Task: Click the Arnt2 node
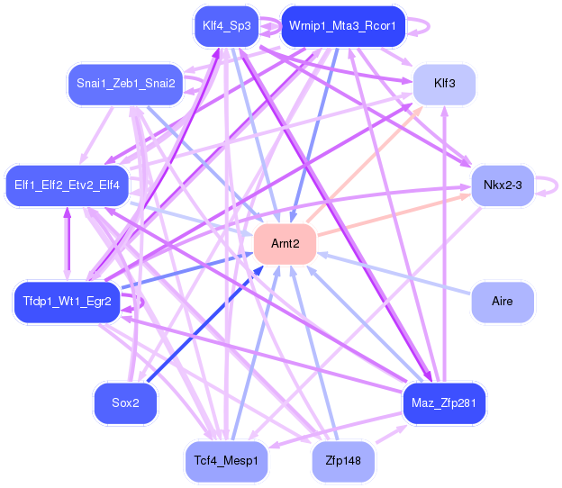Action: click(285, 244)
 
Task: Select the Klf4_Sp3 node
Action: click(227, 26)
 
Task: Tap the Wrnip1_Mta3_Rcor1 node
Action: click(343, 26)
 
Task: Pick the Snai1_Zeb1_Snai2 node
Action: click(125, 84)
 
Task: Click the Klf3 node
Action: click(444, 84)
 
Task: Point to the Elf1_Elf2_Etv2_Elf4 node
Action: click(67, 185)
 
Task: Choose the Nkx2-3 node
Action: click(503, 185)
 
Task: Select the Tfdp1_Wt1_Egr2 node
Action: click(67, 302)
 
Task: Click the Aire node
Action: click(503, 302)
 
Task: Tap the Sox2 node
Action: click(125, 403)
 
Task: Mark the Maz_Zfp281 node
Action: click(444, 403)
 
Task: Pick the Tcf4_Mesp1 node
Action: click(226, 462)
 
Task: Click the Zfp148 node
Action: click(343, 462)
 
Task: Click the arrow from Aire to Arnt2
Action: click(394, 274)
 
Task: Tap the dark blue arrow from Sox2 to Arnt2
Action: click(205, 324)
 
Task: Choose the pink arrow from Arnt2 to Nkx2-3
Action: click(394, 215)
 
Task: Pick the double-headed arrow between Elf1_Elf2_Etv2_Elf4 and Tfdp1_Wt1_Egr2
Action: click(68, 244)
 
